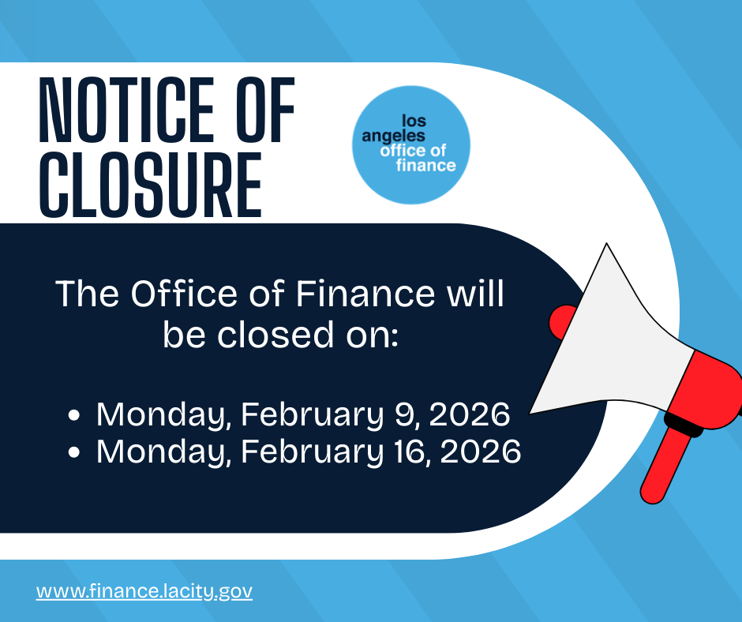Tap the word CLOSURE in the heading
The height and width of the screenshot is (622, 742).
point(150,187)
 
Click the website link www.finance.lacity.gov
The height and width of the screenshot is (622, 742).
point(144,590)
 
